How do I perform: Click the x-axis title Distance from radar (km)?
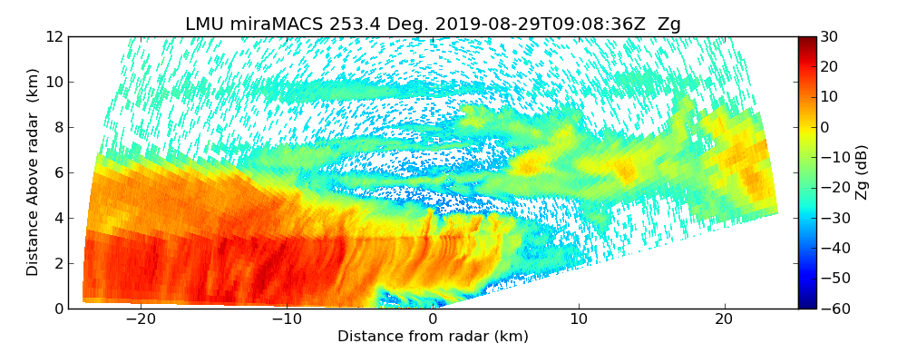433,337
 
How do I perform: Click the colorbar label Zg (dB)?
862,172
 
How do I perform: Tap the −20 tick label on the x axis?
140,319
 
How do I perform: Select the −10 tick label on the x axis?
286,319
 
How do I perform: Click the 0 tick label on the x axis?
433,319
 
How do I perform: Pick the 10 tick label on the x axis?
579,319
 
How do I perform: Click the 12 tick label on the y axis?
54,36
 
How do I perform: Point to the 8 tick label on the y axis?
58,127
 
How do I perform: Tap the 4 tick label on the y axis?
58,218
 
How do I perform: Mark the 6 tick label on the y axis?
58,172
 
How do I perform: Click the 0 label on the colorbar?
825,127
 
